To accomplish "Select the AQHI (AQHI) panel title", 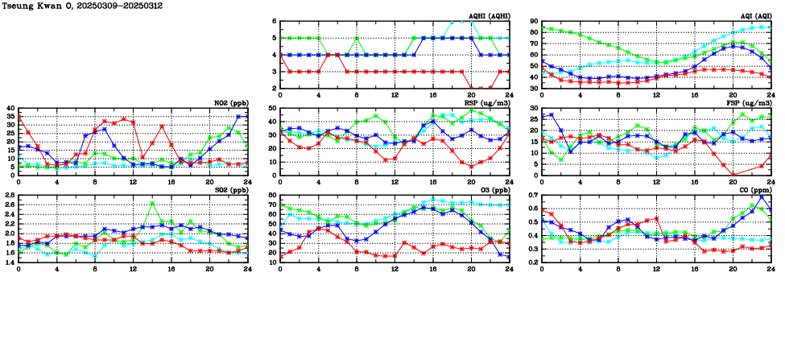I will pos(487,16).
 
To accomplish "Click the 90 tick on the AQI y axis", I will pos(533,22).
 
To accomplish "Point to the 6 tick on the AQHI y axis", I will pos(274,22).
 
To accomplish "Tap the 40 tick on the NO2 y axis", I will pos(10,109).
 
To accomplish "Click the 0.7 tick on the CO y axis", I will pos(531,196).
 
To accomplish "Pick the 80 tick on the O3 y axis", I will pos(271,196).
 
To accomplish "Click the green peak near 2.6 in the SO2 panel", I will pos(152,204).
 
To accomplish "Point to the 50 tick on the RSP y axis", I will pos(271,109).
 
